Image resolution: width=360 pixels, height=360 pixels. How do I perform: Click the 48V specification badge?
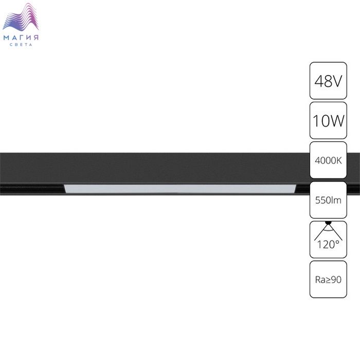[328, 81]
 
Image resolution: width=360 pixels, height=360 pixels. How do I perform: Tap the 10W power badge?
[328, 120]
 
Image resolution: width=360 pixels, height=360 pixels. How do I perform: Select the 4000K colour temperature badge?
[328, 160]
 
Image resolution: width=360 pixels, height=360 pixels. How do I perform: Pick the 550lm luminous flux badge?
[328, 200]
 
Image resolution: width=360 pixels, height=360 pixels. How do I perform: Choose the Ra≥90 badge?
[328, 279]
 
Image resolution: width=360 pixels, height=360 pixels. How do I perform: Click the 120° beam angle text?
[328, 244]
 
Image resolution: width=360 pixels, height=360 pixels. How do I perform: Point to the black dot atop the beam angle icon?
[328, 222]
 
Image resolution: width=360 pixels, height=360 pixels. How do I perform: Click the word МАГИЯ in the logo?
[21, 38]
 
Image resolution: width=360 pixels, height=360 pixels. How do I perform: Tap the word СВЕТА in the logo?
[21, 45]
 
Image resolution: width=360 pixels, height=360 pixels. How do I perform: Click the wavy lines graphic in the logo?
[21, 17]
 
